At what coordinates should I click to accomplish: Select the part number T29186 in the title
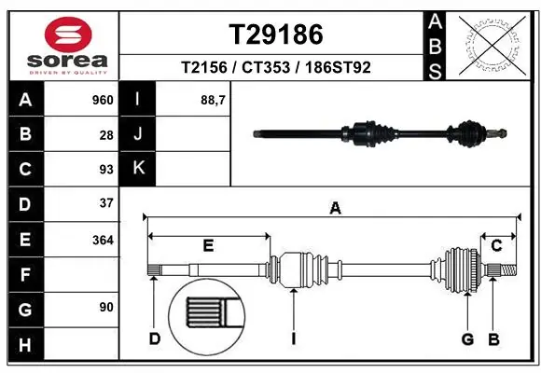tap(276, 35)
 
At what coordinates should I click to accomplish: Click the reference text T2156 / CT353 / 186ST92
tap(276, 68)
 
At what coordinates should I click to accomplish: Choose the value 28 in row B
tap(106, 134)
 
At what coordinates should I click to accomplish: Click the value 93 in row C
tap(106, 169)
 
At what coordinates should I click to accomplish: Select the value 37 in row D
tap(106, 203)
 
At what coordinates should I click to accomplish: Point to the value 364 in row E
tap(103, 239)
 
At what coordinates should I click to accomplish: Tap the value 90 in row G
tap(106, 308)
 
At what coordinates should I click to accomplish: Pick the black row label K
tap(139, 169)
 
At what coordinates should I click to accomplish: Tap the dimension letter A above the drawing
tap(334, 209)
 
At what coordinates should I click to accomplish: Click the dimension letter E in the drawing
tap(208, 246)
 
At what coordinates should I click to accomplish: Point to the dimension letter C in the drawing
tap(496, 246)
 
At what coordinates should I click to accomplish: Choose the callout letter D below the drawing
tap(155, 338)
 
